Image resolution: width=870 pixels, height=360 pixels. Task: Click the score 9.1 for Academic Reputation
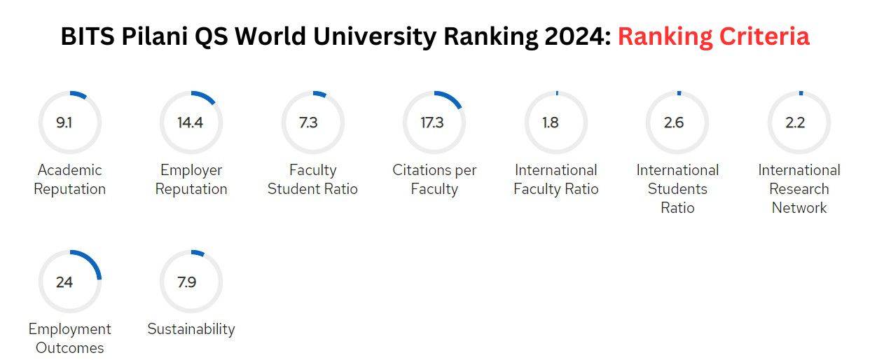click(x=64, y=123)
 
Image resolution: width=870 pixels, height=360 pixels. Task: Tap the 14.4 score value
click(x=190, y=123)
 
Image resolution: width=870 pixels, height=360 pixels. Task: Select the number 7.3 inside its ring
click(x=308, y=123)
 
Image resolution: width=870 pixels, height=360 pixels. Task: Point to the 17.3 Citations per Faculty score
click(x=432, y=123)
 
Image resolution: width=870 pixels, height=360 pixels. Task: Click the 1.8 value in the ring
click(x=551, y=123)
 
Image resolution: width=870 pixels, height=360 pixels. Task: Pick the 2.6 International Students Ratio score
click(x=674, y=123)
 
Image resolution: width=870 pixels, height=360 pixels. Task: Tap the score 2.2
click(x=795, y=123)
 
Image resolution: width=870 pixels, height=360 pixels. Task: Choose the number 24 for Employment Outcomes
click(x=64, y=282)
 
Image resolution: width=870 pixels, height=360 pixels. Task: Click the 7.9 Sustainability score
click(x=187, y=282)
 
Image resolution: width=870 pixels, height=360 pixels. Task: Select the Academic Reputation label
click(x=69, y=179)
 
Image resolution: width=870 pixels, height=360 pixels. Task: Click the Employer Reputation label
click(x=191, y=179)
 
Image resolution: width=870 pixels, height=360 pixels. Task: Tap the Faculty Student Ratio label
click(x=312, y=179)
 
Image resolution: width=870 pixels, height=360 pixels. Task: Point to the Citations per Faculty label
click(x=434, y=179)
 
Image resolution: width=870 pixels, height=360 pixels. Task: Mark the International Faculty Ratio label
click(x=556, y=179)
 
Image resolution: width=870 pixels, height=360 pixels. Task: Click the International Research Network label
click(x=799, y=188)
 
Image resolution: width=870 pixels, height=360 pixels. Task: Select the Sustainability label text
click(x=191, y=329)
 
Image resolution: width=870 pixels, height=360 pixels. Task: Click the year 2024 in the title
click(x=574, y=36)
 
